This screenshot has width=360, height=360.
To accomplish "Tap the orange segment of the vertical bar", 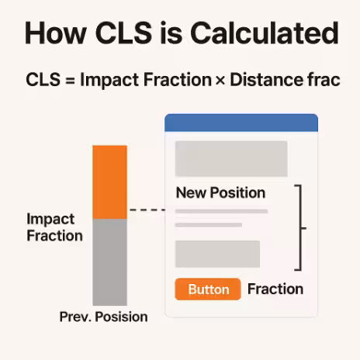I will (109, 182).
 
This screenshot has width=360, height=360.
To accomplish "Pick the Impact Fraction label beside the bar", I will (54, 227).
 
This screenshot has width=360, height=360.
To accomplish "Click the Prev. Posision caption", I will (103, 317).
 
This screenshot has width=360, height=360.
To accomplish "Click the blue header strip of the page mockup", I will (241, 122).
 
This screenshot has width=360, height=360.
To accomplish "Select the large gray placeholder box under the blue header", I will (231, 158).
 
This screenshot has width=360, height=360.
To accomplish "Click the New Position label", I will (220, 193).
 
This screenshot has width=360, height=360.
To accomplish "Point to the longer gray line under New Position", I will (221, 211).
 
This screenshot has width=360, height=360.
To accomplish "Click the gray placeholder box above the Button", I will (217, 254).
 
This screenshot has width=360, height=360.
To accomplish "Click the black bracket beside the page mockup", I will (302, 228).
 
